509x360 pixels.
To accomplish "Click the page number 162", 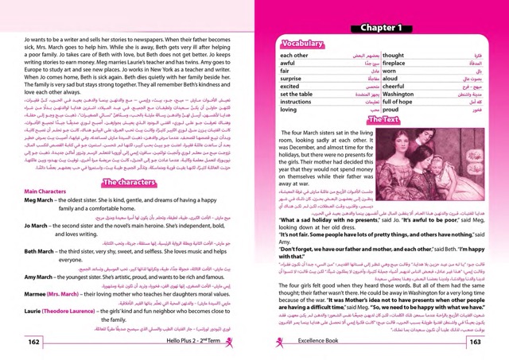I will (35, 342).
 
